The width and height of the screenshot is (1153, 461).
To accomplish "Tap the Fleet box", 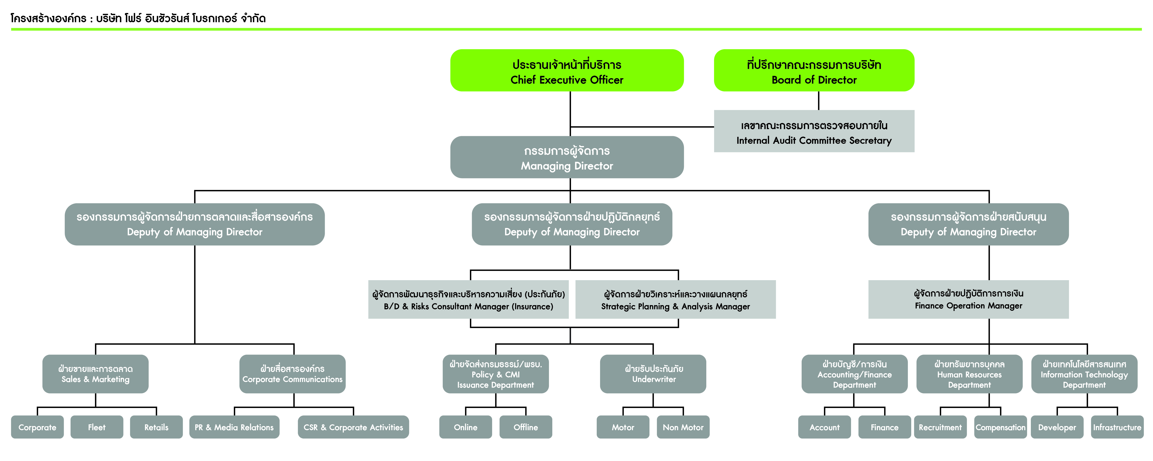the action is click(97, 427).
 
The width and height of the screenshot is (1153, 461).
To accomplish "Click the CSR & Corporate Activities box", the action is click(353, 427).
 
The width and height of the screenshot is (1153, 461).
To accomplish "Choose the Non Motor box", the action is click(683, 427).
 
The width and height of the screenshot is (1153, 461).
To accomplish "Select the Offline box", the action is click(525, 427).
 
